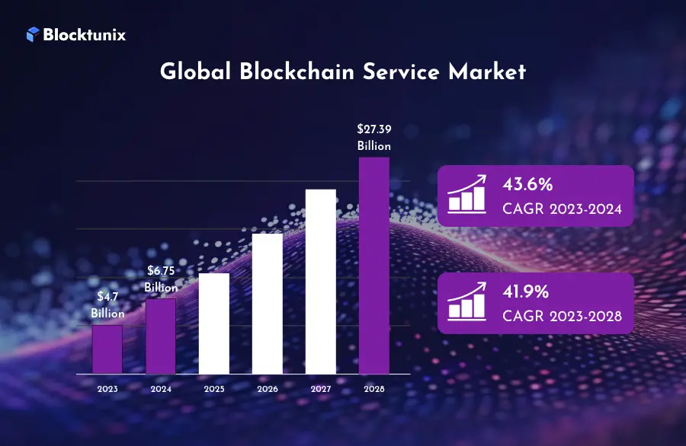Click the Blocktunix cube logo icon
click(33, 34)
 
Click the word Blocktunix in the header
click(84, 34)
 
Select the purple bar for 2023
click(107, 349)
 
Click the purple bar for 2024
click(161, 336)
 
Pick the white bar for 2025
click(214, 323)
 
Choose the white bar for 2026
click(268, 304)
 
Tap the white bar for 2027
click(321, 282)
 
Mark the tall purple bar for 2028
click(374, 266)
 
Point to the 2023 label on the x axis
click(107, 388)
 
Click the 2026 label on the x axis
click(268, 388)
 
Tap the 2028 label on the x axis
click(374, 388)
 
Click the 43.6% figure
click(527, 185)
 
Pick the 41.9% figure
click(527, 291)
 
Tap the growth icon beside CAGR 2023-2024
click(466, 195)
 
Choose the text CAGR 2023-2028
click(563, 315)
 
